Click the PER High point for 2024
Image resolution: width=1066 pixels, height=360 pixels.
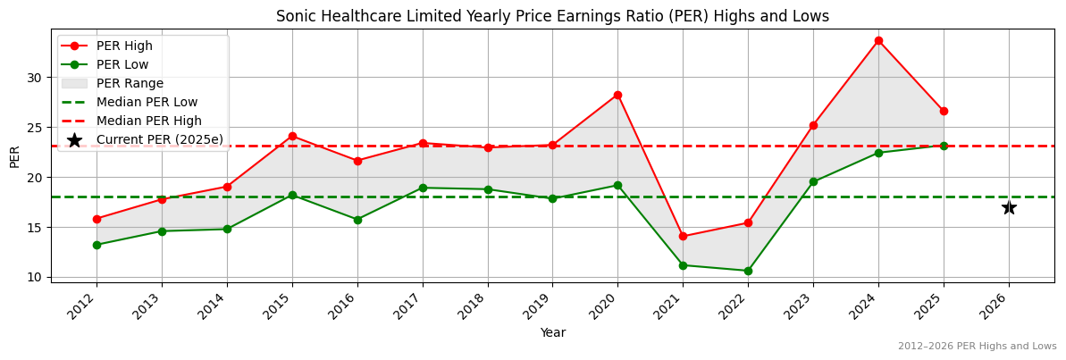878,40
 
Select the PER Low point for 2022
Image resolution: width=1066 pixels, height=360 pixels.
748,271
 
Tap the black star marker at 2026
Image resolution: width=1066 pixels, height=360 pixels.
1009,207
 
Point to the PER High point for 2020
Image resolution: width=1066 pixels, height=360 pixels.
617,95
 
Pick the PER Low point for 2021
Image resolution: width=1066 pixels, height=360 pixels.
683,265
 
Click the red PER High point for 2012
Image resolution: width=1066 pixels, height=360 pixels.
97,219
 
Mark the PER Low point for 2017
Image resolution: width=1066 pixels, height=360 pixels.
423,188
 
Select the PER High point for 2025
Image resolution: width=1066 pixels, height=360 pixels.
944,111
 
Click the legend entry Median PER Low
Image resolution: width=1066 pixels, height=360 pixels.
147,102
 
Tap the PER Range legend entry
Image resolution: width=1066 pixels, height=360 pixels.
130,83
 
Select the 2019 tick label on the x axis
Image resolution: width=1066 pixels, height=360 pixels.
546,304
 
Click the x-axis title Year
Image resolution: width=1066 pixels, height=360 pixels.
552,332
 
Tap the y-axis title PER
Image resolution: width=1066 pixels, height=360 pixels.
14,155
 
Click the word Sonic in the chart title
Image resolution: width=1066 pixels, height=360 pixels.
294,16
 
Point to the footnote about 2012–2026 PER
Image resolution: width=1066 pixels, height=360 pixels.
977,346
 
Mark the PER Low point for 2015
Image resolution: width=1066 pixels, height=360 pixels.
292,195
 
